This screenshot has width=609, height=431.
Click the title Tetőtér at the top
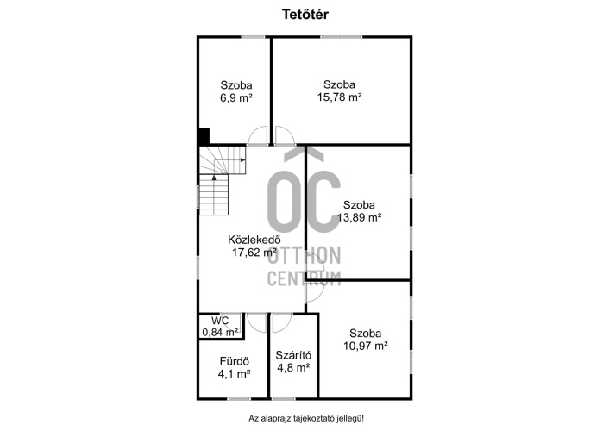(x=304, y=15)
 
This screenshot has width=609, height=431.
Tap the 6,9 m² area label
(x=236, y=97)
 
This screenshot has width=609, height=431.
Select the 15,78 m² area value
(x=340, y=97)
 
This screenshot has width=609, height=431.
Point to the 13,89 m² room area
(x=359, y=217)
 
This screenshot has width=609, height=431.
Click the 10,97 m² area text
(x=366, y=346)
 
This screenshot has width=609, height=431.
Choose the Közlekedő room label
(x=254, y=240)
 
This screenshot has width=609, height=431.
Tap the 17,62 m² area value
(x=254, y=253)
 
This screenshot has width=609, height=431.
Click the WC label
(x=220, y=321)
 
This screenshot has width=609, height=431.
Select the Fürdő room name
(x=235, y=361)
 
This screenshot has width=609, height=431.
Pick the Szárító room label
(x=293, y=355)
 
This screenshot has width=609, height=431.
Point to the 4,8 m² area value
(x=293, y=367)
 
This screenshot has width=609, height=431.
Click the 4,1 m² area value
(x=235, y=374)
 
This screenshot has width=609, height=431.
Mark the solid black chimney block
(x=204, y=136)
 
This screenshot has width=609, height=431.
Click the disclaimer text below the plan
(x=306, y=419)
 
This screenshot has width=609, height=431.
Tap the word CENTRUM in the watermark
(x=304, y=278)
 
